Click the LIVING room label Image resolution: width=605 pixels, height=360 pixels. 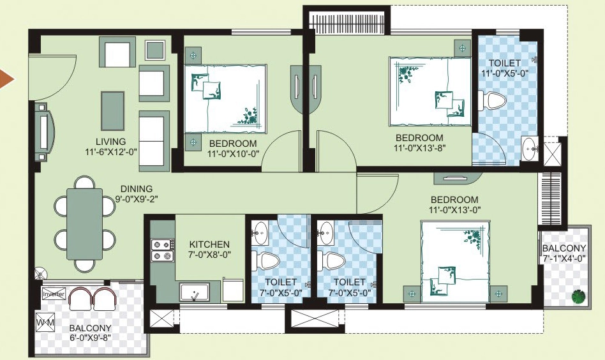(x=111, y=142)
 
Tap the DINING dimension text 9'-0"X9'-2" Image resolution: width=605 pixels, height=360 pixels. (x=137, y=199)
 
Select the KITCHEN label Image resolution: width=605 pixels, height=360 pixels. (x=209, y=244)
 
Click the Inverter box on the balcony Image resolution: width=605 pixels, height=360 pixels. (x=54, y=294)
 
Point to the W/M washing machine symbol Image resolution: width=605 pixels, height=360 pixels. (x=45, y=322)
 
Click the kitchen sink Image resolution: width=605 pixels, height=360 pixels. (x=195, y=292)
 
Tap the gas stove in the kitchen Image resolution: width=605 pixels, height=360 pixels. (x=162, y=250)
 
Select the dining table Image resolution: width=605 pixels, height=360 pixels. (x=84, y=224)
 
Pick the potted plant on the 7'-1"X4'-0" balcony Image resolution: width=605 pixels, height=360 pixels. (x=578, y=296)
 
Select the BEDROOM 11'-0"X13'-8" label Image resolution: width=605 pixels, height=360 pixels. (x=419, y=142)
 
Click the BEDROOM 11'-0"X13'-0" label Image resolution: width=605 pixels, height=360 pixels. (x=454, y=204)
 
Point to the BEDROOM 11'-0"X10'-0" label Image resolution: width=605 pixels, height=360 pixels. (x=233, y=149)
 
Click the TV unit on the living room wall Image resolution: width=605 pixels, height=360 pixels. (x=45, y=131)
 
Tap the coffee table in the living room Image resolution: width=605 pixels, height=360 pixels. (x=113, y=111)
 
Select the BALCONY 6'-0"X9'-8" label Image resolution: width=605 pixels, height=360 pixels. (x=90, y=333)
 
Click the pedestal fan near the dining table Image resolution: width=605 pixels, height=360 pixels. (x=40, y=274)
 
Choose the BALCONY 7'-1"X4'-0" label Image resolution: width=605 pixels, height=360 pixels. (x=564, y=253)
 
